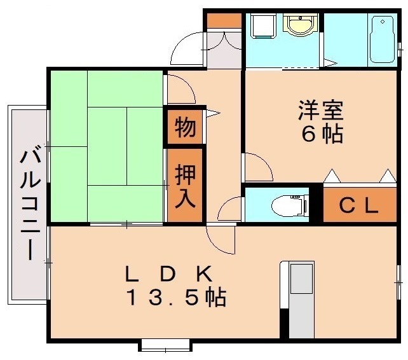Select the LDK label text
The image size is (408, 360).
pyautogui.click(x=168, y=273)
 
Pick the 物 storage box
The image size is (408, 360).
pyautogui.click(x=185, y=128)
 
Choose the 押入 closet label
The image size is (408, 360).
pyautogui.click(x=185, y=184)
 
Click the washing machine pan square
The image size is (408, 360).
pyautogui.click(x=261, y=26)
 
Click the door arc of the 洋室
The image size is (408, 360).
pyautogui.click(x=257, y=167)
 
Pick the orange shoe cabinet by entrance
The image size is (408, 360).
pyautogui.click(x=224, y=20)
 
